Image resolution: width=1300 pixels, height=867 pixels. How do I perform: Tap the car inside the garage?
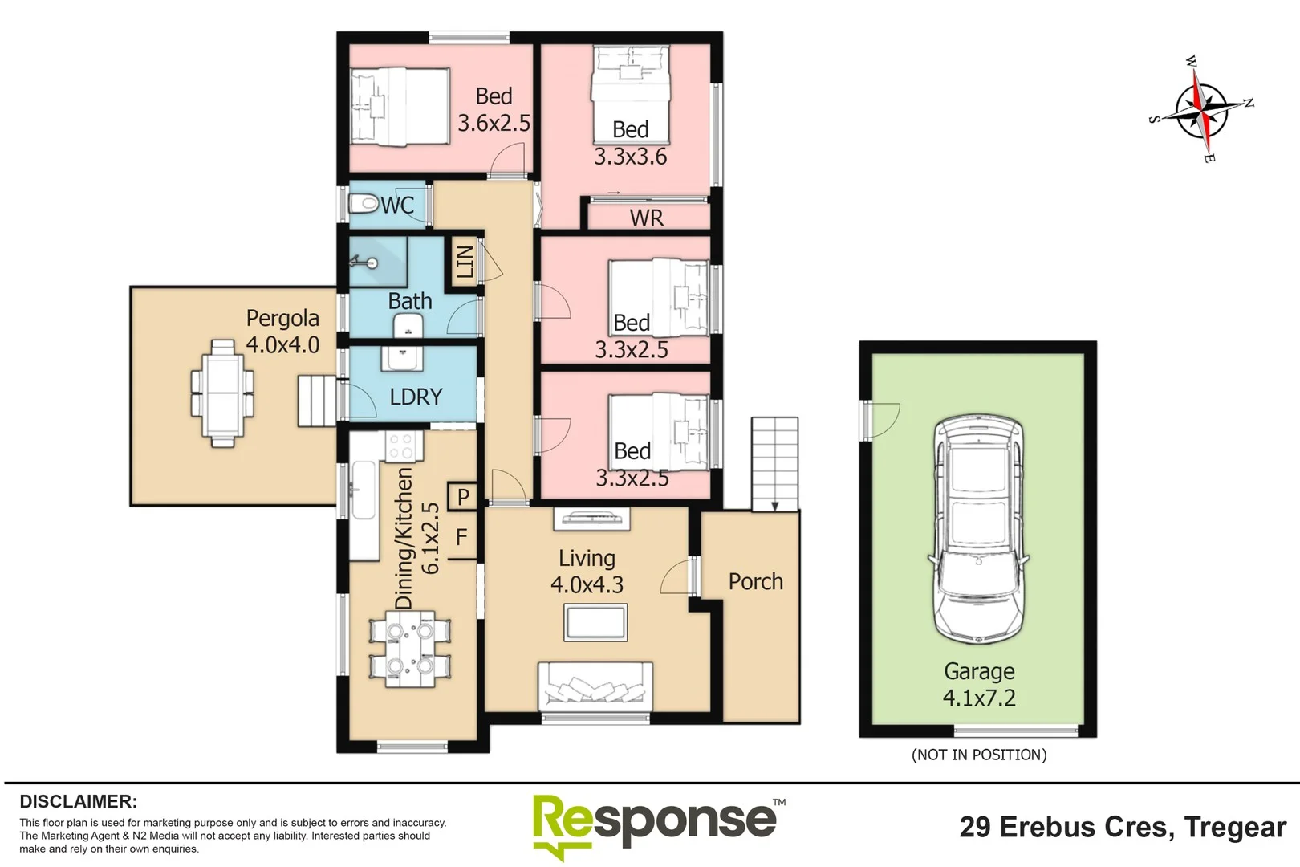point(979,530)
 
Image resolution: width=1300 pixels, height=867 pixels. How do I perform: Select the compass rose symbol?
point(1201,110)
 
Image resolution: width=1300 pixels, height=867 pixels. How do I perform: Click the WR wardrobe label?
point(647,218)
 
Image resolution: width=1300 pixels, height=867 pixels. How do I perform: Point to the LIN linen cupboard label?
point(465,262)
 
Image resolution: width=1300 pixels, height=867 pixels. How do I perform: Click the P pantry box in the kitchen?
point(463,497)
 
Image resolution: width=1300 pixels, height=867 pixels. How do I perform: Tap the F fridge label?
point(461,537)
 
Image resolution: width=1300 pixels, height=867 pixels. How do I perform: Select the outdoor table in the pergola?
point(222,393)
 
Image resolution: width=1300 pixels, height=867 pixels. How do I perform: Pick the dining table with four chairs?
point(409,649)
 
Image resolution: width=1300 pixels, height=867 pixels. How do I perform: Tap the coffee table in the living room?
point(595,623)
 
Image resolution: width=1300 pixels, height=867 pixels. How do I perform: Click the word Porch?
point(755,581)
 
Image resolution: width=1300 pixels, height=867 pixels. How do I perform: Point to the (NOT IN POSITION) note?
point(979,755)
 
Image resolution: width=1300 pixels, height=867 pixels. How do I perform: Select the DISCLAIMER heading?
point(79,801)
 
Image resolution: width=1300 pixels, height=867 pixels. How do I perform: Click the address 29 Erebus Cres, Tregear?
point(1122,827)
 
